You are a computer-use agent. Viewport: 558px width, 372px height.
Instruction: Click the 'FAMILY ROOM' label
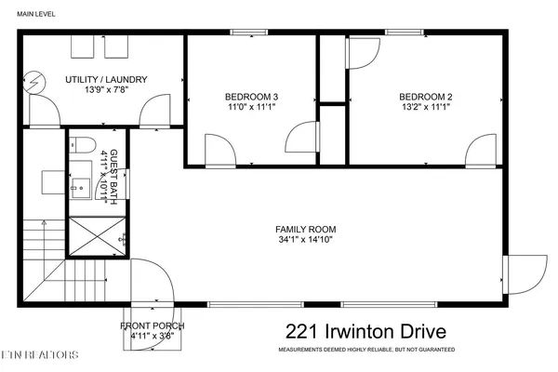tap(305, 229)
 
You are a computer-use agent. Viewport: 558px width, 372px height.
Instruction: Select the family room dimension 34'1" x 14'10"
tap(305, 241)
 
